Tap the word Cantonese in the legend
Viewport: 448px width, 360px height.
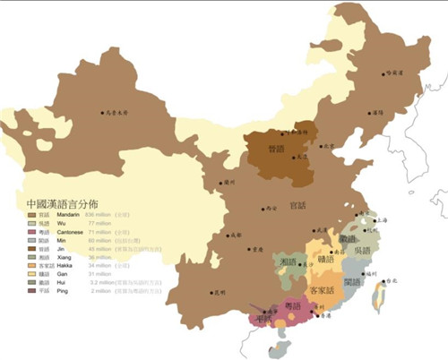coord(60,231)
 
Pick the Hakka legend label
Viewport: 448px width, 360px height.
coord(55,264)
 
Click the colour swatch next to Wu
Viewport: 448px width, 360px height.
coord(31,223)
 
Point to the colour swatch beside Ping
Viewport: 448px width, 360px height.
coord(31,289)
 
